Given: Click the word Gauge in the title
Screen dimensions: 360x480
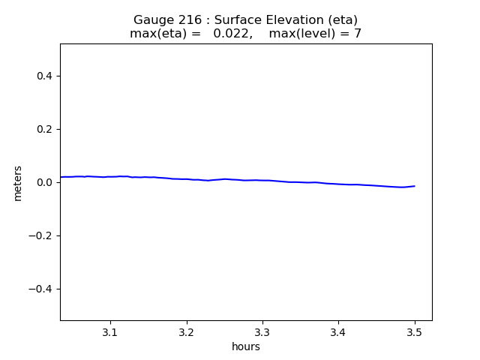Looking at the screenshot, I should coord(152,20).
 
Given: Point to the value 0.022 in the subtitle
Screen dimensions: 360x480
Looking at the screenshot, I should coord(229,34).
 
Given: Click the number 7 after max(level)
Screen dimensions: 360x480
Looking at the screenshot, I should coord(358,34).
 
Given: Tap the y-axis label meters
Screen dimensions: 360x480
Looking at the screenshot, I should coord(18,183).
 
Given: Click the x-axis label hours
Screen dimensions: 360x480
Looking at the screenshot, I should coord(246,346).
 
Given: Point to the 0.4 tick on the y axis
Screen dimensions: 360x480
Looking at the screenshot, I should coord(46,76).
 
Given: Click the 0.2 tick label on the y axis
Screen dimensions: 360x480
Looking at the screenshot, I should coord(46,129).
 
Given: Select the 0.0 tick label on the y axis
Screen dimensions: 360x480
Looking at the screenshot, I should coord(46,182).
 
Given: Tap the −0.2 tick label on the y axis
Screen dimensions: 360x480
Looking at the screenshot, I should coord(42,235).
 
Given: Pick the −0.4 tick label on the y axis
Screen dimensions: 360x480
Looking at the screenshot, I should coord(42,289).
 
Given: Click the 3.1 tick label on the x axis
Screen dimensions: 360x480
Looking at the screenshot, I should coord(110,331).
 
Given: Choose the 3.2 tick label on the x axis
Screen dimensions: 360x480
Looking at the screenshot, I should coord(187,331).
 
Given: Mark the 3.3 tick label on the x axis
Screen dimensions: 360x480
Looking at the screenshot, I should coord(262,331).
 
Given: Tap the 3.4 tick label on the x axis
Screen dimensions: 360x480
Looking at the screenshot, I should coord(338,331).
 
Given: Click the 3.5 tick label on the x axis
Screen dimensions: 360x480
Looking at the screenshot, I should coord(415,331).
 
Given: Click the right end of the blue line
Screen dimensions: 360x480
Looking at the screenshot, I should coord(415,186).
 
